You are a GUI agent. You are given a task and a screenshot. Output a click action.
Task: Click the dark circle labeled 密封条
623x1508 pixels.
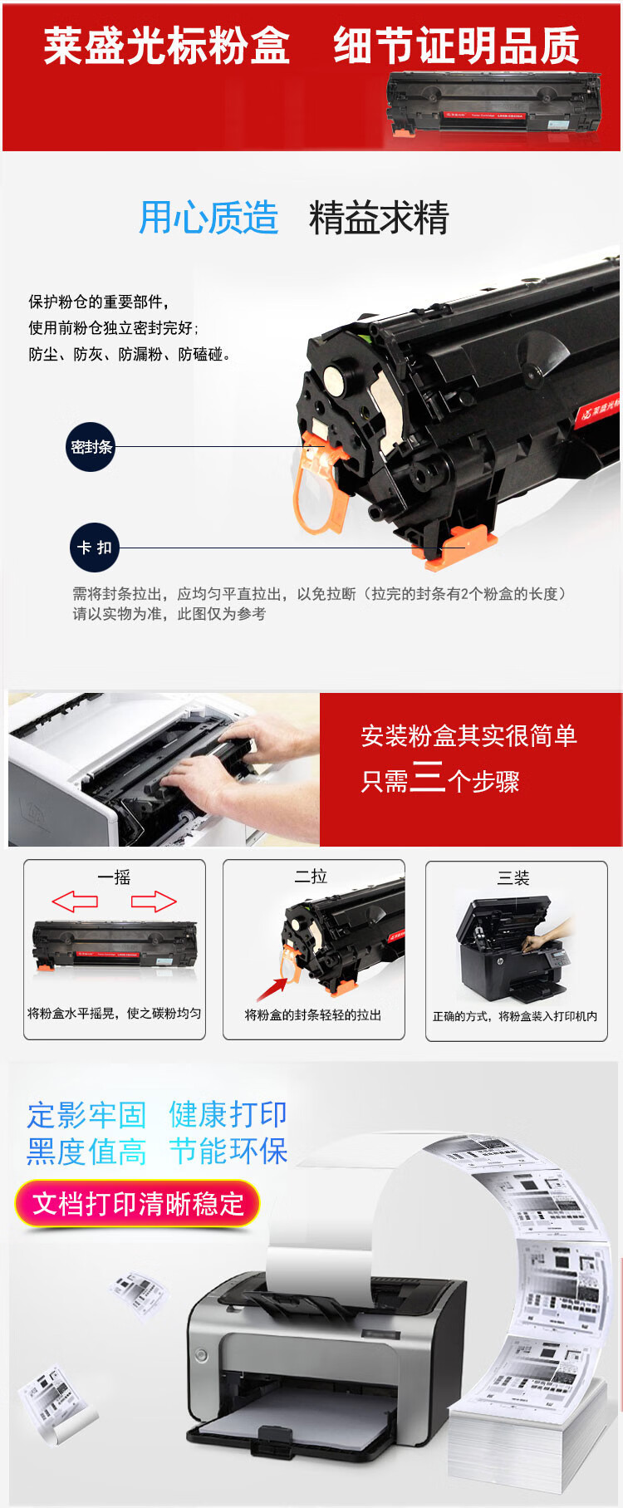[91, 447]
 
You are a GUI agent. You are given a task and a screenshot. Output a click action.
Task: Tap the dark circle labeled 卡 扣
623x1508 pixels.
[94, 548]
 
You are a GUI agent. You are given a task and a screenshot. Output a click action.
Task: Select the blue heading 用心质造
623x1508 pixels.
[208, 219]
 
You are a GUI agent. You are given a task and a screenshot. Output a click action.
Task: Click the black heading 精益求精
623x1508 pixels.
[379, 219]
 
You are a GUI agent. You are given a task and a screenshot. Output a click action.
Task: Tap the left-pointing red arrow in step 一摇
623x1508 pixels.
[75, 901]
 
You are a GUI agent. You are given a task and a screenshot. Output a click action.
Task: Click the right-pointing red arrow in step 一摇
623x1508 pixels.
[154, 901]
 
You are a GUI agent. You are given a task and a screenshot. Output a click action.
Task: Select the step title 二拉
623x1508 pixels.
[311, 877]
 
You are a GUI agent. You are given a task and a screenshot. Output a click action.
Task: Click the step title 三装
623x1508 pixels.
[513, 878]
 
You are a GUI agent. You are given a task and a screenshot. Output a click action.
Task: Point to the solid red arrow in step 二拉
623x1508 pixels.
[272, 989]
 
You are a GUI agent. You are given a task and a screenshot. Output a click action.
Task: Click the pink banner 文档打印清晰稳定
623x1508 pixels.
[138, 1204]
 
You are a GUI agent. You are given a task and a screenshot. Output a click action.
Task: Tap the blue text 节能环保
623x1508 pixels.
[228, 1152]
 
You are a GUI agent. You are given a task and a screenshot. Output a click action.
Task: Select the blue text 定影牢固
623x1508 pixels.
[86, 1114]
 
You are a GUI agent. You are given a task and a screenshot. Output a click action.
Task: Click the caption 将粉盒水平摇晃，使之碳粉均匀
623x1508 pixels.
[115, 1014]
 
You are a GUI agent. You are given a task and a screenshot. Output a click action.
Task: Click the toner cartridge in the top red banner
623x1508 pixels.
[494, 104]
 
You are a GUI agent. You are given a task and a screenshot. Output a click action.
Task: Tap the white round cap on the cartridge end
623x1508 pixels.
[335, 381]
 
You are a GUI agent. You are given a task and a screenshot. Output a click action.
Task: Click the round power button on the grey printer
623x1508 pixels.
[201, 1356]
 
